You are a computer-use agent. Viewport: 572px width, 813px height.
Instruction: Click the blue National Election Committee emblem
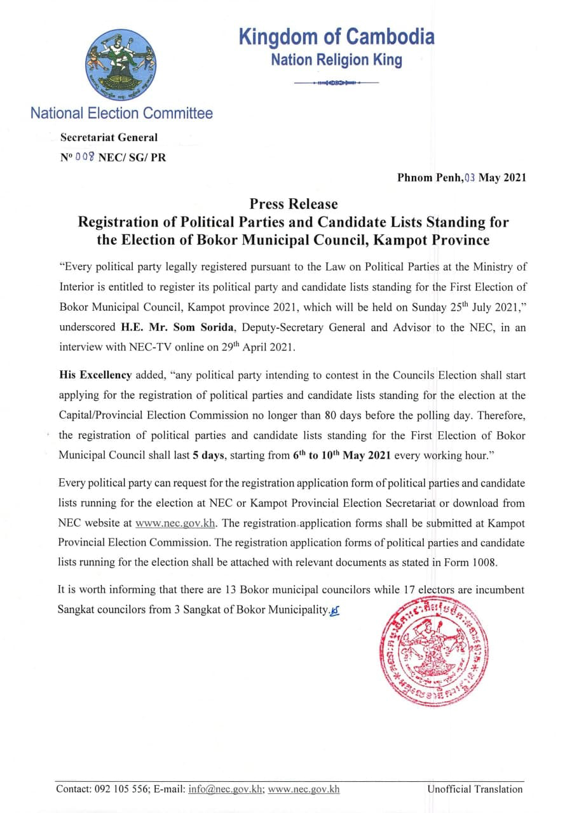click(x=121, y=65)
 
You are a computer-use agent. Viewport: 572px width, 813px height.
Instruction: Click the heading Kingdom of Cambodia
click(x=337, y=37)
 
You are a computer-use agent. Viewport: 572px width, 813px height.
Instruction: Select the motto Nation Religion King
click(x=336, y=60)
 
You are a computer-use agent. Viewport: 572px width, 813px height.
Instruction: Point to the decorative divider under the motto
click(x=337, y=83)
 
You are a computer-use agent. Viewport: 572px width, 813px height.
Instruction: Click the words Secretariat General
click(x=109, y=137)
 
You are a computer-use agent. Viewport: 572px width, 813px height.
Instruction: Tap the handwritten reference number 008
click(x=85, y=158)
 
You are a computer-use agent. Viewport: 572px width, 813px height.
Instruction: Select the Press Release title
click(x=293, y=204)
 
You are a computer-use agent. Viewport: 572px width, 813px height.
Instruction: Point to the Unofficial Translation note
click(x=475, y=789)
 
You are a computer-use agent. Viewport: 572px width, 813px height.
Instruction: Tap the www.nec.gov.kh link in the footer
click(x=304, y=789)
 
